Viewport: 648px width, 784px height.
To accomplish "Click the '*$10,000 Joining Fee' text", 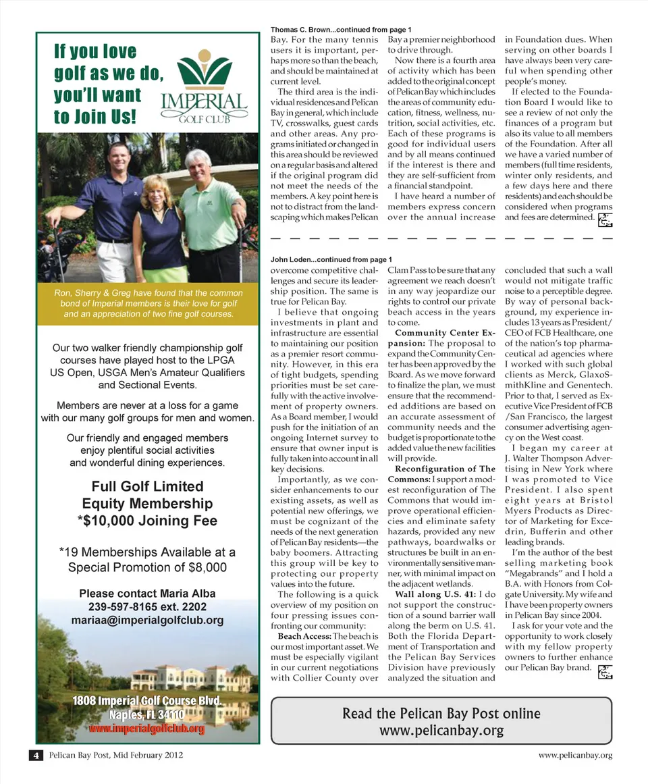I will coord(147,521).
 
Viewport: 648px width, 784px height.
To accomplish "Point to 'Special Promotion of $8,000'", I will coord(147,567).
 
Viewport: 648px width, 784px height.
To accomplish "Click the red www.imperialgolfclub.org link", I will coord(146,729).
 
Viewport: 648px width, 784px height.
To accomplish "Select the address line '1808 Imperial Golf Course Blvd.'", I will coord(147,701).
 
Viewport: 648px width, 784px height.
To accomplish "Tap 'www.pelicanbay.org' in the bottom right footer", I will coord(575,755).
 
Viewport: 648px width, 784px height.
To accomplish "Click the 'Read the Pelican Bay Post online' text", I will coord(441,714).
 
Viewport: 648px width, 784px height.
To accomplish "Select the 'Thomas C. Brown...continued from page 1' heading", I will coord(340,30).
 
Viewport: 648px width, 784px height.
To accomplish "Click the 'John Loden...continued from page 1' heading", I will coord(331,259).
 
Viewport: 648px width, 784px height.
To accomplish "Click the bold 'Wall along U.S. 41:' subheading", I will coord(432,595).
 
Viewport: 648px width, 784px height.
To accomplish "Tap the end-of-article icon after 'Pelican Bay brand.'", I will coord(605,672).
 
